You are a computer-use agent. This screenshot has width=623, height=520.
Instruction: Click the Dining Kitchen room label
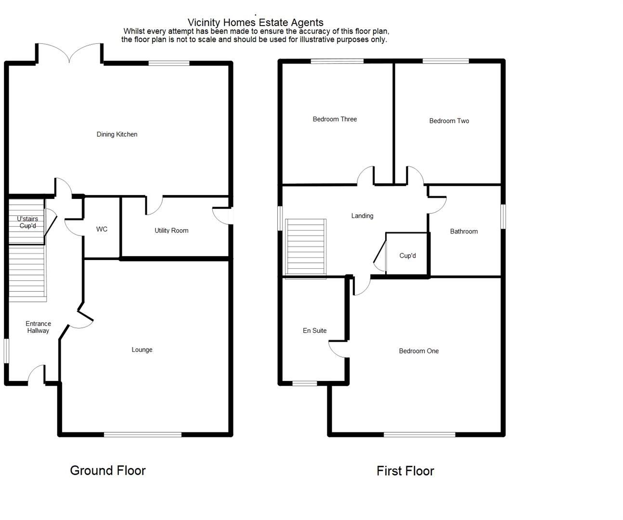click(x=117, y=134)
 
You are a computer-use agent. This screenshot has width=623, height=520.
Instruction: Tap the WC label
click(x=102, y=229)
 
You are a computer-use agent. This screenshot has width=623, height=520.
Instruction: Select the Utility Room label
click(x=171, y=231)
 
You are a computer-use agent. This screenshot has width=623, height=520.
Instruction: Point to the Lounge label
click(x=142, y=350)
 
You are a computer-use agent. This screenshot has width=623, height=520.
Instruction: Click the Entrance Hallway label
click(x=38, y=327)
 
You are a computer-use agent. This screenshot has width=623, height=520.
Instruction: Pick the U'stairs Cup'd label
click(x=27, y=222)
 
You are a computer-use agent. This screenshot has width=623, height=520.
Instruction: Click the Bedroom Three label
click(x=335, y=119)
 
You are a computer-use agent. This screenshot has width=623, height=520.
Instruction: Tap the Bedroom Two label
click(x=449, y=121)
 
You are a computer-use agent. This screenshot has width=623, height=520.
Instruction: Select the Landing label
click(x=362, y=216)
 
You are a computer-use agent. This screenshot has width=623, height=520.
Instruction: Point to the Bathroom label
click(x=464, y=231)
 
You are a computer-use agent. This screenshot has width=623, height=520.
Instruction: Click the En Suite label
click(x=314, y=331)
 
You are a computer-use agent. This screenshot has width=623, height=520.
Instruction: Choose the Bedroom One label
click(x=418, y=351)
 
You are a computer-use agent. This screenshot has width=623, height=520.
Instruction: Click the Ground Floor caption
click(x=108, y=470)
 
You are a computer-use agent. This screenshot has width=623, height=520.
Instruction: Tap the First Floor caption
click(x=405, y=471)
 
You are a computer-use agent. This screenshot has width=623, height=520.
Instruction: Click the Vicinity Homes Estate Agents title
click(x=255, y=22)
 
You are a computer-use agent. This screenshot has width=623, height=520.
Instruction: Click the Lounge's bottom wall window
click(x=143, y=435)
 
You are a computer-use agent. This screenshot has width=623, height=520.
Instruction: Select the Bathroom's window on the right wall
click(x=503, y=216)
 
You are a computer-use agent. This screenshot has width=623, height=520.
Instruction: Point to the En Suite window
click(x=305, y=383)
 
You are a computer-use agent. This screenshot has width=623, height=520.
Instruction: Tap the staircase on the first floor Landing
click(x=306, y=248)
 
